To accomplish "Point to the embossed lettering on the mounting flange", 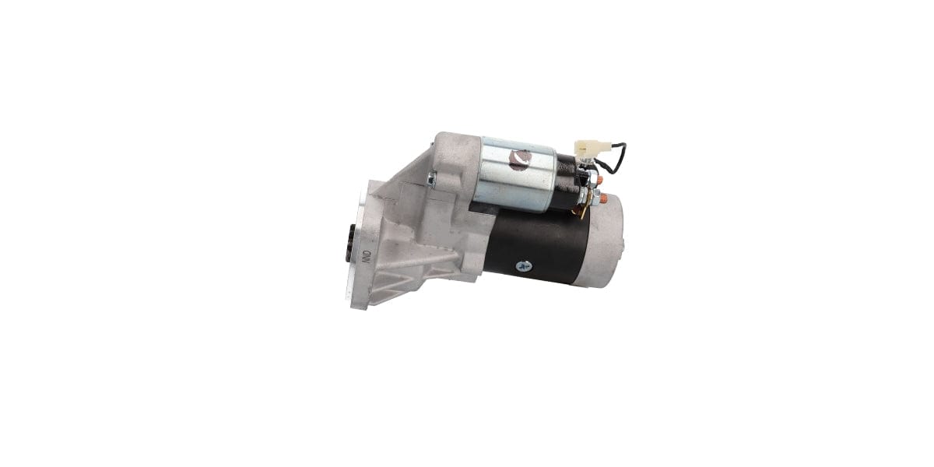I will tap(366, 257).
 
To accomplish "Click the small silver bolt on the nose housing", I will tap(430, 180).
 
